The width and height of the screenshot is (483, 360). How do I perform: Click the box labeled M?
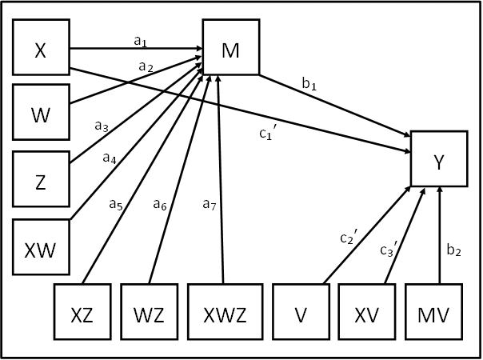pyautogui.click(x=232, y=51)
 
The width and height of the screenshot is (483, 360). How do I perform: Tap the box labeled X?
pyautogui.click(x=40, y=51)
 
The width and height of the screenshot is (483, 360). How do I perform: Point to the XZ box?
pyautogui.click(x=82, y=314)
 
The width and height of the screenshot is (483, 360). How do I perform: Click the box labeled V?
pyautogui.click(x=301, y=314)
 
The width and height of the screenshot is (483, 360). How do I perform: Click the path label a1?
pyautogui.click(x=140, y=39)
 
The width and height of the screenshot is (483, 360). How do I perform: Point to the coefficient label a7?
pyautogui.click(x=208, y=204)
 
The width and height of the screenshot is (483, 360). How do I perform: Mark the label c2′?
pyautogui.click(x=346, y=238)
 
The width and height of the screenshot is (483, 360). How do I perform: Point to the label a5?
pyautogui.click(x=117, y=203)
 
